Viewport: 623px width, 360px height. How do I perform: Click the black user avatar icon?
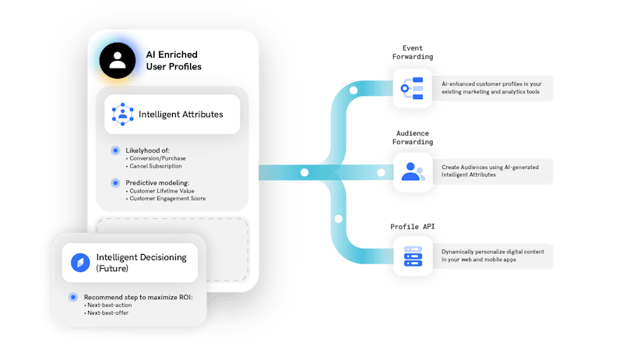[118, 61]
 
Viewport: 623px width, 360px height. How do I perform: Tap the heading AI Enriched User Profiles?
[174, 61]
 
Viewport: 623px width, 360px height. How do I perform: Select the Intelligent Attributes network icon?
[123, 114]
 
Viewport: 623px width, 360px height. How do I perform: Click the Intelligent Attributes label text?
[181, 115]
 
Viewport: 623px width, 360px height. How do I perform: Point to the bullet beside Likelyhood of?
[115, 150]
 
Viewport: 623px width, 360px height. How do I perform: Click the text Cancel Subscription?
[156, 166]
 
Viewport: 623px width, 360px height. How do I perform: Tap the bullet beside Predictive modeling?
[115, 183]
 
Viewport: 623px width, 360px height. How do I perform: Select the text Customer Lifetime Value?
[162, 191]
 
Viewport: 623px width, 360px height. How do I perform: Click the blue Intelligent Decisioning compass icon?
[80, 263]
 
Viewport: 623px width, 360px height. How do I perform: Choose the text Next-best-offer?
[107, 312]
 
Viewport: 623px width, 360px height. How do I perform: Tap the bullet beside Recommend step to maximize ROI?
[73, 297]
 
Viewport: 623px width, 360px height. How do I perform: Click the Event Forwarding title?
[413, 52]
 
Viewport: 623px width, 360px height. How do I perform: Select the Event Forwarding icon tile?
[413, 88]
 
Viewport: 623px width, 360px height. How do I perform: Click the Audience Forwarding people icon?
[413, 171]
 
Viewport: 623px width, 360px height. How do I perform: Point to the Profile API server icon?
[414, 256]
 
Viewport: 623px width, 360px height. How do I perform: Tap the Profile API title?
[413, 227]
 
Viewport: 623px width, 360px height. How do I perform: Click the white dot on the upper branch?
[354, 90]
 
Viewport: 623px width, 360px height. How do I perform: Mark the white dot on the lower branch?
[338, 218]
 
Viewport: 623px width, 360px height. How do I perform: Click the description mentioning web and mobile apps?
[493, 256]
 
